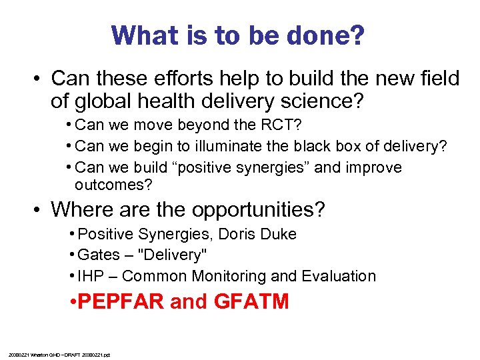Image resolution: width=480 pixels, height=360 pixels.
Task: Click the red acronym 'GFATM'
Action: (251, 301)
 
